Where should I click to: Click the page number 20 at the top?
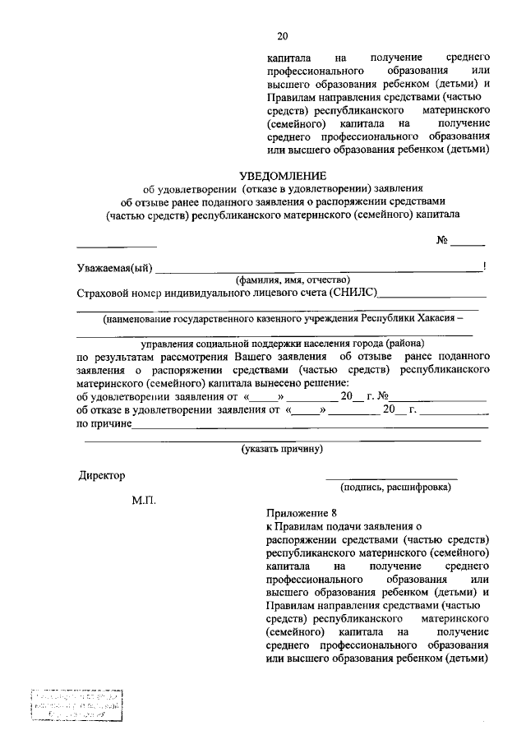coord(283,36)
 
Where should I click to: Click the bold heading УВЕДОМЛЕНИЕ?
coord(282,175)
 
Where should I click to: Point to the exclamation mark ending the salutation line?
coord(486,265)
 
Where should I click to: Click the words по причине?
coord(104,423)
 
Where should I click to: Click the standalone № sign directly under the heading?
coord(441,240)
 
